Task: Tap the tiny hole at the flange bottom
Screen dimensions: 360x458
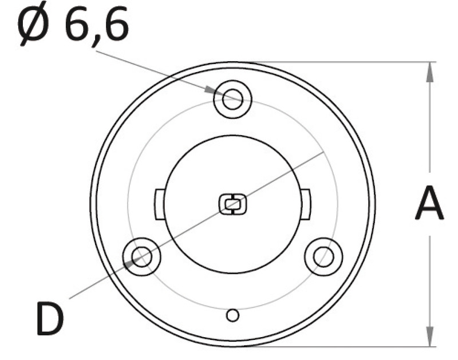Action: [232, 315]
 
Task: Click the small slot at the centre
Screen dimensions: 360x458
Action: [232, 203]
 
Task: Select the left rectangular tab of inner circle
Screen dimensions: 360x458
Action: [159, 203]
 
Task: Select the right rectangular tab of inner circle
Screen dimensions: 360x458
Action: [306, 203]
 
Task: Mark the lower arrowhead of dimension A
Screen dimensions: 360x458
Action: [429, 338]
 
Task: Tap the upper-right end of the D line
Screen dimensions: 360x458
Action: [324, 152]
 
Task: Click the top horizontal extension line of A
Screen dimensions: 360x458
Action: [343, 61]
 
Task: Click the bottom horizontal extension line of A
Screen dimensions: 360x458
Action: [343, 346]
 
